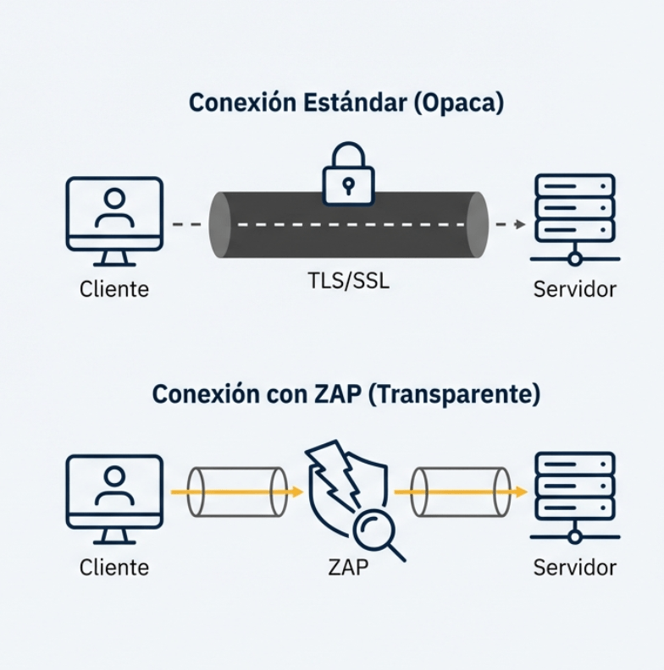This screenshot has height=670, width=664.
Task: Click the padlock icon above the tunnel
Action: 348,173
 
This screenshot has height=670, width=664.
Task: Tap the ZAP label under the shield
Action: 348,567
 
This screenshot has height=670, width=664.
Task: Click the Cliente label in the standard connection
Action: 114,288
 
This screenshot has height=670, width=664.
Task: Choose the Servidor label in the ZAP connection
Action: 575,567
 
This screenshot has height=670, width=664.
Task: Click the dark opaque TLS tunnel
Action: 348,225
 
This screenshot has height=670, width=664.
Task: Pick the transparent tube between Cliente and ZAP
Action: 236,492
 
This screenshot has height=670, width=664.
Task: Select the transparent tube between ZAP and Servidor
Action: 462,492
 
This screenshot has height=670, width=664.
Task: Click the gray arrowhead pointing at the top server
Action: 519,224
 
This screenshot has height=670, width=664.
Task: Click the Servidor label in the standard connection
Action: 575,288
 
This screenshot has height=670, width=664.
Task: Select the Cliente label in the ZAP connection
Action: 114,567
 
